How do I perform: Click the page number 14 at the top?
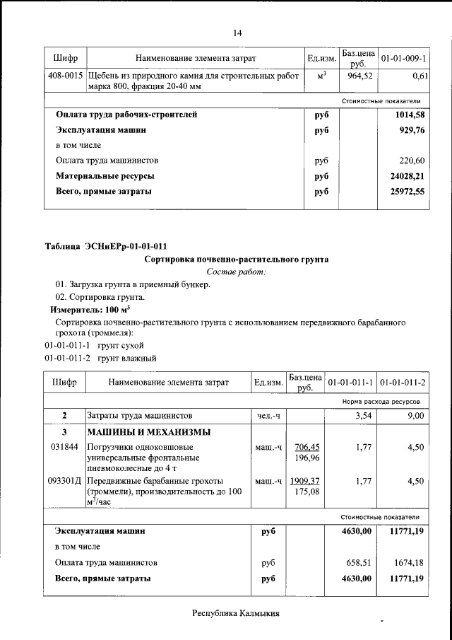pyautogui.click(x=237, y=33)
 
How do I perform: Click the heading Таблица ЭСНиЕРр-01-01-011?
pyautogui.click(x=106, y=246)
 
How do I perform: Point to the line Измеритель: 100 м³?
pyautogui.click(x=90, y=310)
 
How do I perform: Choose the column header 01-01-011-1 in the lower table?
pyautogui.click(x=351, y=383)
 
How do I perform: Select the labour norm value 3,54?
pyautogui.click(x=362, y=416)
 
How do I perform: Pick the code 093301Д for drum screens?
pyautogui.click(x=65, y=481)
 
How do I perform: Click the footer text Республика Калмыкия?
pyautogui.click(x=237, y=613)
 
